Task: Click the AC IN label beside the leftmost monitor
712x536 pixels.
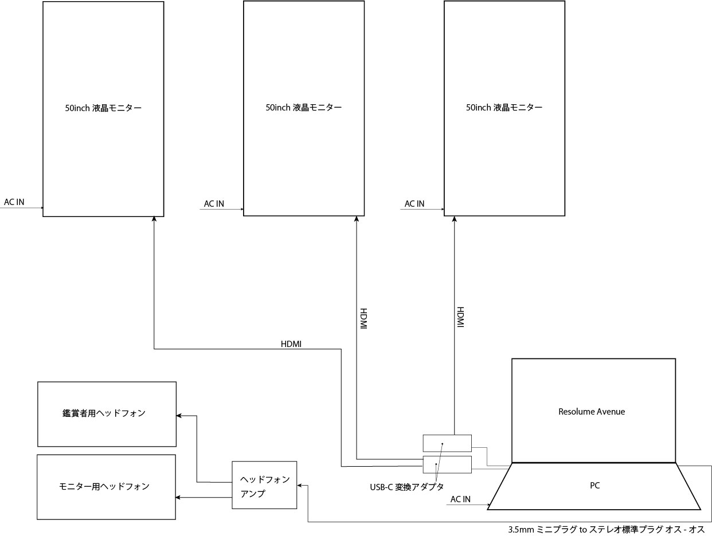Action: tap(14, 202)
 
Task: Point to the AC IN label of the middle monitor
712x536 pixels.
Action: tap(214, 204)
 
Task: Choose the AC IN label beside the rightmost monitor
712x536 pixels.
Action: tap(414, 204)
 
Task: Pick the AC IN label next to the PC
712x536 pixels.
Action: tap(460, 499)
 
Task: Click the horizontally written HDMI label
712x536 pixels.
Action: tap(291, 344)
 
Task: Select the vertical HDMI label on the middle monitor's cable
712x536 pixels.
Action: tap(363, 318)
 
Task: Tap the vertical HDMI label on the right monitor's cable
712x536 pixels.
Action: tap(460, 317)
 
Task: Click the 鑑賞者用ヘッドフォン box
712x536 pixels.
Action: tap(107, 414)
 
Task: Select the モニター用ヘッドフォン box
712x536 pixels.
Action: tap(106, 487)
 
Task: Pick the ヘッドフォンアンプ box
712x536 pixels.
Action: tap(264, 485)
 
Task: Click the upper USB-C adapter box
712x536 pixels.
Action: tap(447, 443)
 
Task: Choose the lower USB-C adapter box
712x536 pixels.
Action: tap(447, 464)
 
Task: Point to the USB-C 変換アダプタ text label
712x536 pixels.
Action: tap(407, 487)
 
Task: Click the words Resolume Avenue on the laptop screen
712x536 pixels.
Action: tap(592, 412)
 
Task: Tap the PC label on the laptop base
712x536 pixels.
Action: tap(594, 486)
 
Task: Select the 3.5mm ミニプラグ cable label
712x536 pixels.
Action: tap(606, 530)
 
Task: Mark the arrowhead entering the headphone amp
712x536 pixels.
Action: tap(300, 486)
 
